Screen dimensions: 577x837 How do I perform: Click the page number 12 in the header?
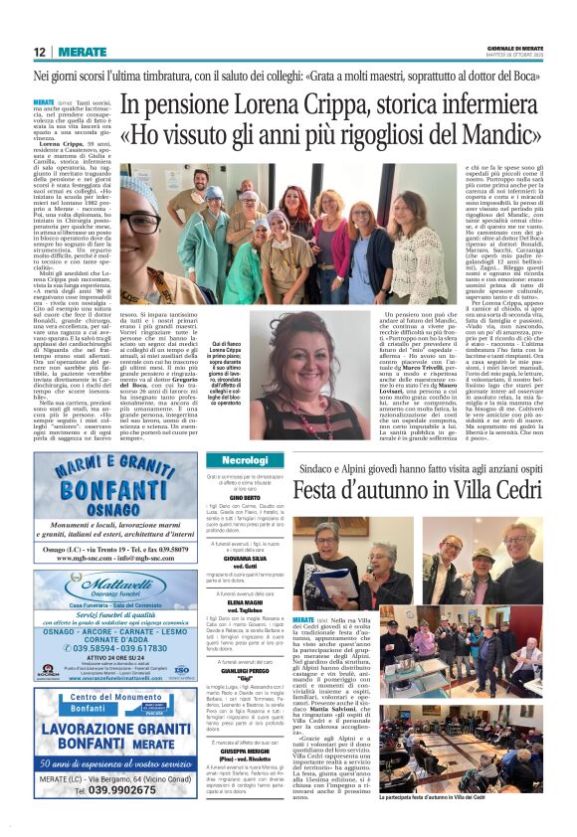(40, 51)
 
